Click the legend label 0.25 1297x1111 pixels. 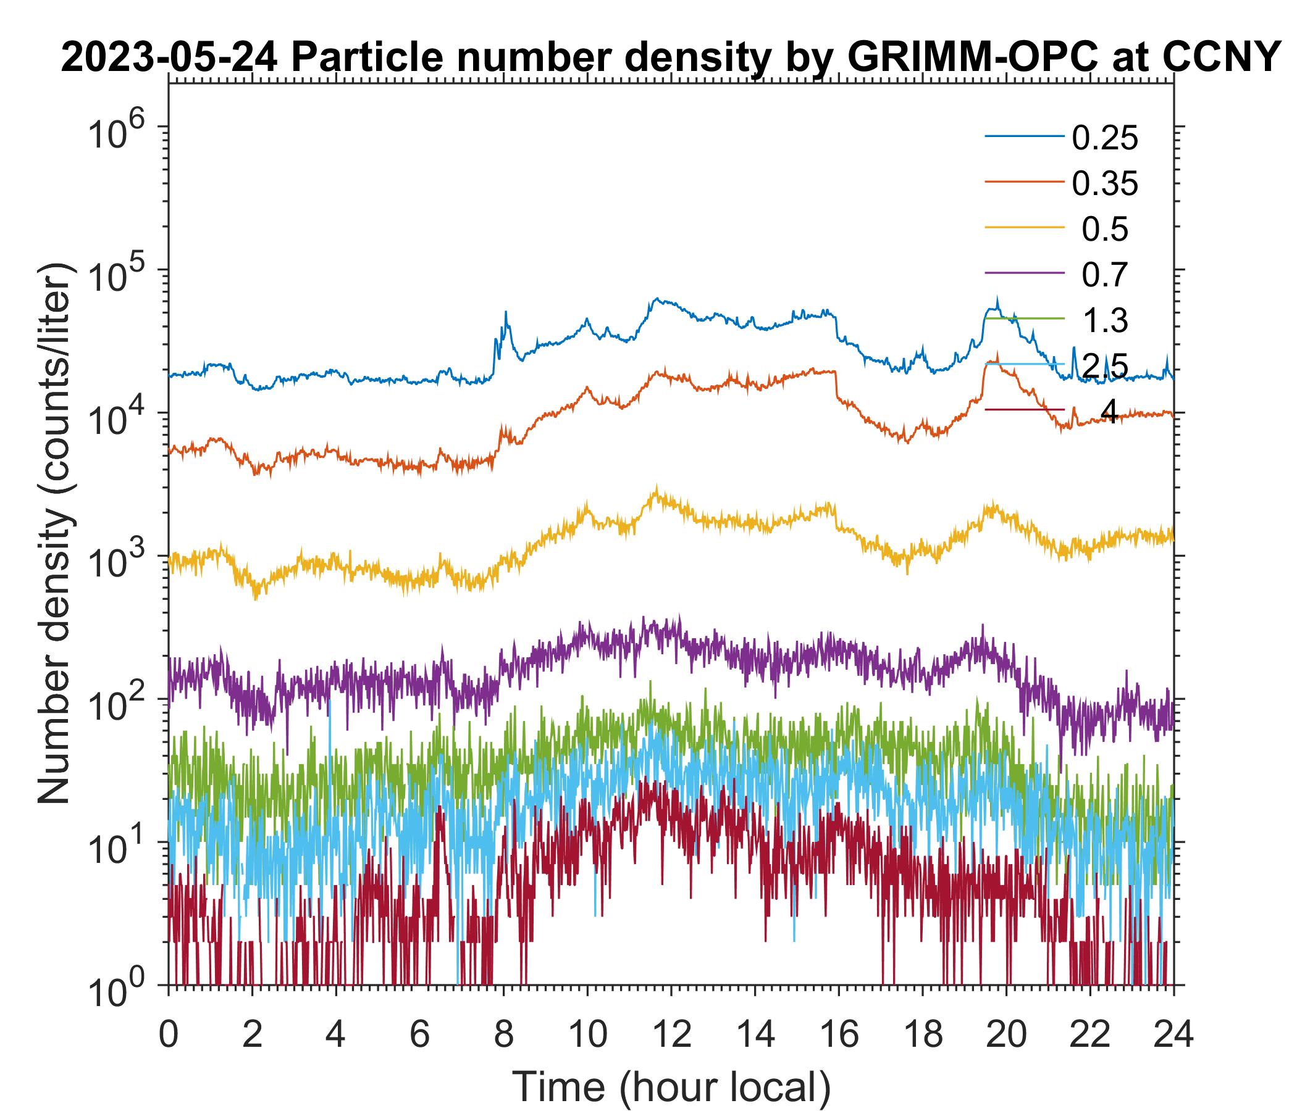(1105, 138)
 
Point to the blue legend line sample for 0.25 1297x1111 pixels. (1025, 136)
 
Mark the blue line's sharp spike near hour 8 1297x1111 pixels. (506, 313)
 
